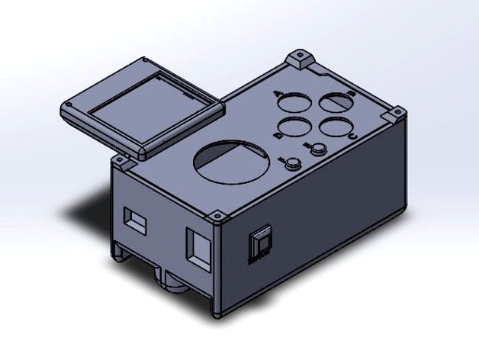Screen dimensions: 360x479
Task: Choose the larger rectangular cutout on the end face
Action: point(200,248)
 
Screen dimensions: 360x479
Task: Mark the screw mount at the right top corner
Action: point(395,114)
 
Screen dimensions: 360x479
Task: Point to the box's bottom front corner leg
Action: point(217,309)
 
